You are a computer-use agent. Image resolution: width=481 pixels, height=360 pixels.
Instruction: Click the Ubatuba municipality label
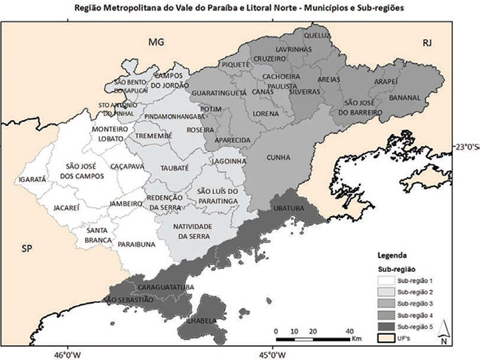(288, 209)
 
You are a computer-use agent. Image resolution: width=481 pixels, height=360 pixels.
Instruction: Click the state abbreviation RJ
(426, 44)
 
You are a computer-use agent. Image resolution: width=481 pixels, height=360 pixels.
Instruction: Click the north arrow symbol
(443, 328)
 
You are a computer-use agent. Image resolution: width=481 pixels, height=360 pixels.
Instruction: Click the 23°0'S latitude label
(466, 146)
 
